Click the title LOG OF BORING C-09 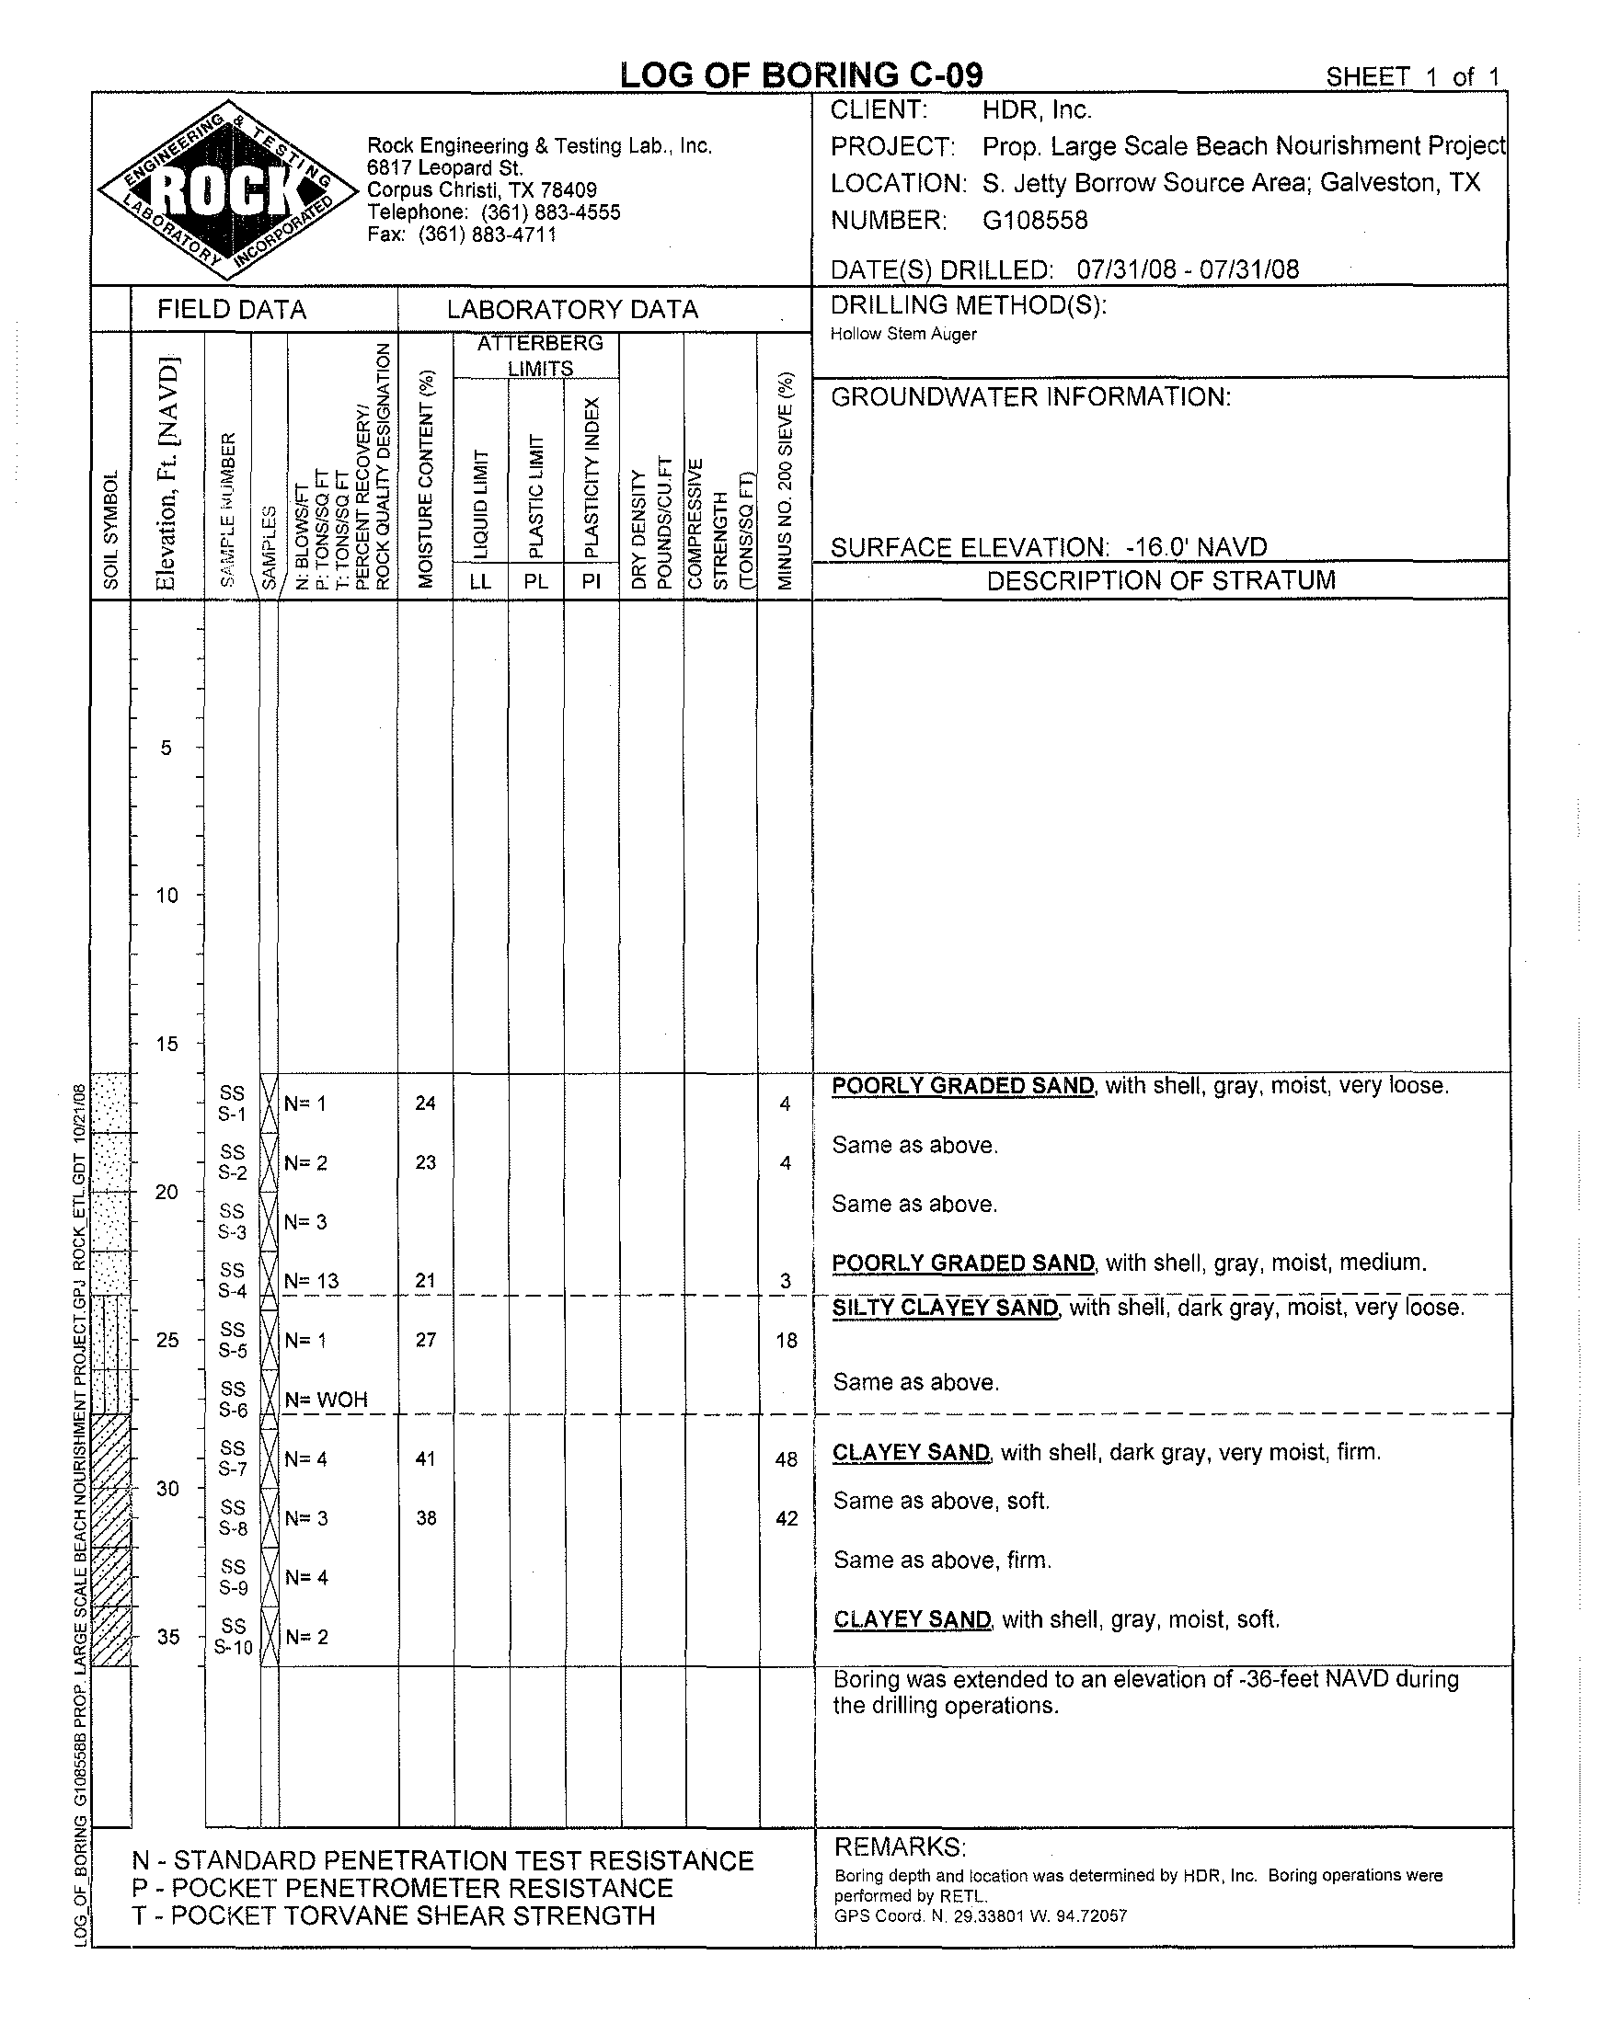[801, 75]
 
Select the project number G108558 [1035, 221]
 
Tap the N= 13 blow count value [312, 1281]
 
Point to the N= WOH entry [327, 1400]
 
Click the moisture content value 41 [425, 1458]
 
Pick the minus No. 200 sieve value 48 [787, 1459]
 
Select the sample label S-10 [234, 1647]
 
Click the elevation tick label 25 [167, 1341]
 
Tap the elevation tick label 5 [167, 747]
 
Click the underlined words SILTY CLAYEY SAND [946, 1307]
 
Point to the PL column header [535, 580]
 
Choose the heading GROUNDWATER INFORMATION [1030, 397]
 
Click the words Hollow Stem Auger [903, 335]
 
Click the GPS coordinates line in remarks [981, 1915]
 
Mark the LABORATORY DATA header [572, 310]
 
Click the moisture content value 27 [425, 1340]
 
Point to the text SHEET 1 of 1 [1412, 77]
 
